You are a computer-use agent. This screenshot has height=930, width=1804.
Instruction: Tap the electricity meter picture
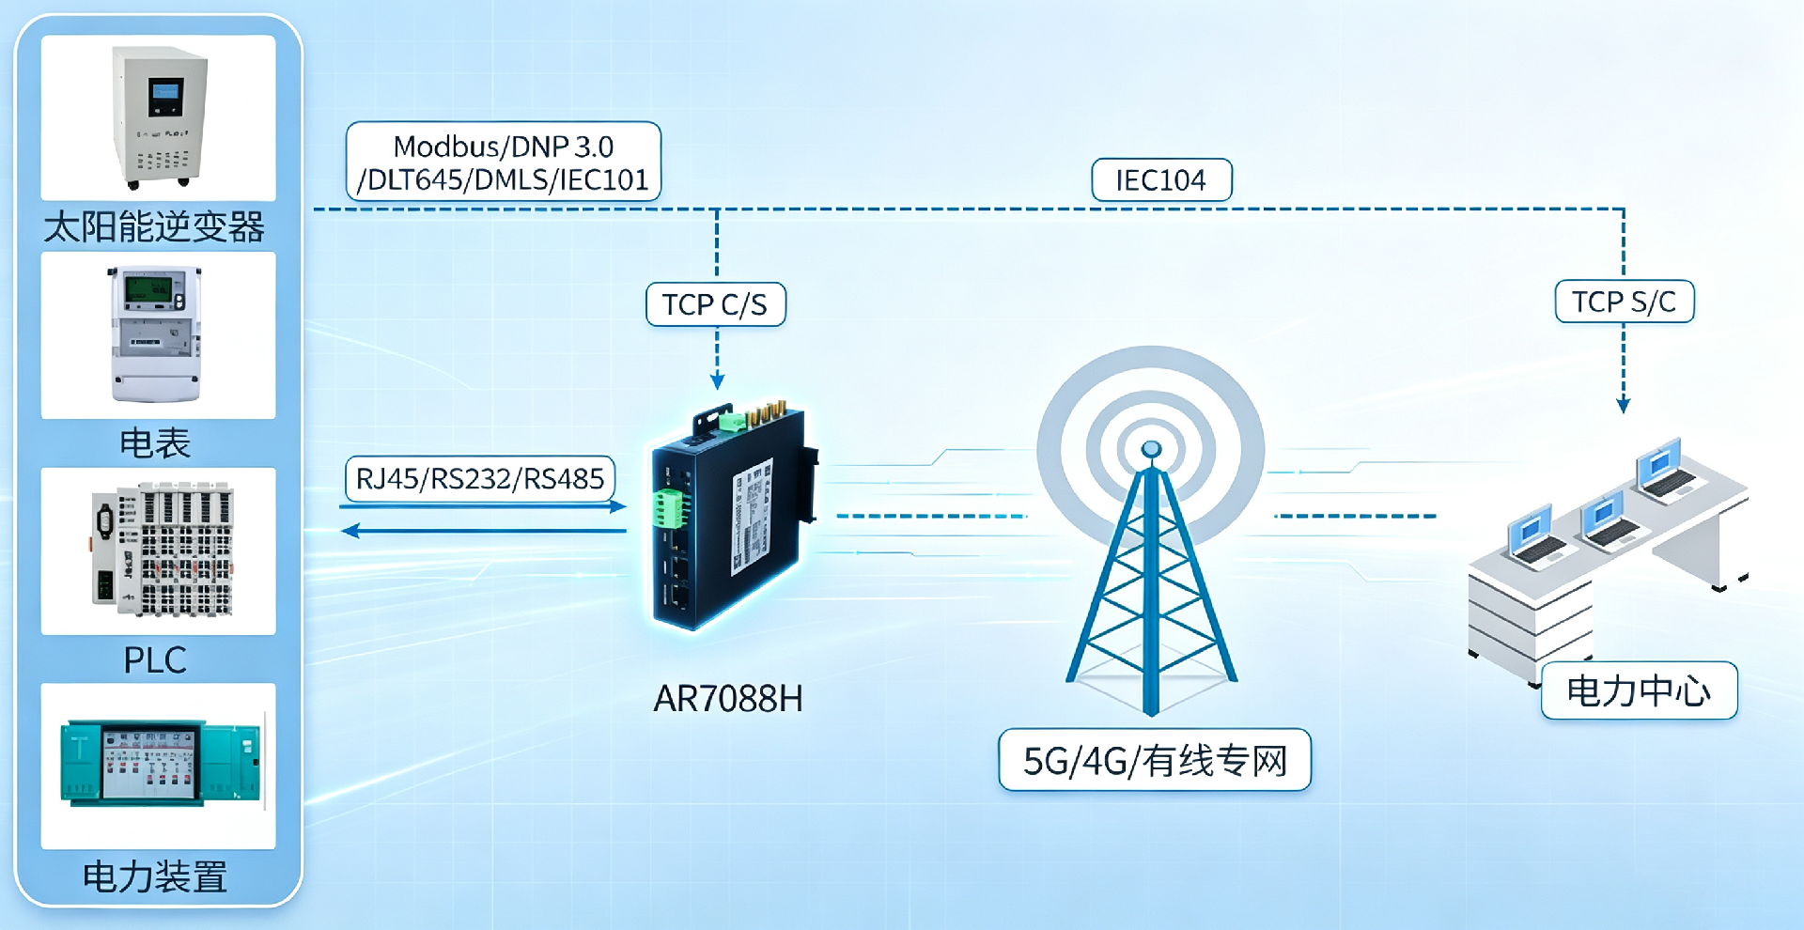[x=156, y=333]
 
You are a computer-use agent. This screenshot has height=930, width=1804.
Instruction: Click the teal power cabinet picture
[x=161, y=764]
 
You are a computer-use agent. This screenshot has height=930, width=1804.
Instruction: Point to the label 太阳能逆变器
[x=154, y=226]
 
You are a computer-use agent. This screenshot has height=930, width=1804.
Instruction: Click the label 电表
[x=155, y=442]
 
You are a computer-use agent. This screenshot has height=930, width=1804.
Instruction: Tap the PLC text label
[x=155, y=659]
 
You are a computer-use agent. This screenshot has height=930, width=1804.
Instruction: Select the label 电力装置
[x=155, y=876]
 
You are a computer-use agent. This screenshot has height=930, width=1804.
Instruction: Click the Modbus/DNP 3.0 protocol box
[x=504, y=162]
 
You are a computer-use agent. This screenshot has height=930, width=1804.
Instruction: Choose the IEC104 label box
[x=1161, y=179]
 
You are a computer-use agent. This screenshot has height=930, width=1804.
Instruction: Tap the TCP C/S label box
[x=716, y=304]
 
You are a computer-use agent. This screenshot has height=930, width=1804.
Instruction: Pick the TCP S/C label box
[x=1625, y=302]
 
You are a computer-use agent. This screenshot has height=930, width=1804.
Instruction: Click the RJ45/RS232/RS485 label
[x=480, y=479]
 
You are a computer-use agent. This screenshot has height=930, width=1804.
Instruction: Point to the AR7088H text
[x=728, y=699]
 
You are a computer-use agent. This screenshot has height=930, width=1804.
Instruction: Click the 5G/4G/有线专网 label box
[x=1155, y=760]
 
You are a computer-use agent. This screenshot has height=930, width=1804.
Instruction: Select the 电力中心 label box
[x=1640, y=691]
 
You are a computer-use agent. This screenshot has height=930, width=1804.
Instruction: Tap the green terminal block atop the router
[x=732, y=423]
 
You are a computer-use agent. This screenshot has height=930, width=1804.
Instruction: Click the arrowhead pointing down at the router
[x=717, y=381]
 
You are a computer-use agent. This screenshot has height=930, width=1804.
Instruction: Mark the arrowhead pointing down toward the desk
[x=1624, y=406]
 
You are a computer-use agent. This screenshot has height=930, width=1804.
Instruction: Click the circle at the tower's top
[x=1151, y=450]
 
